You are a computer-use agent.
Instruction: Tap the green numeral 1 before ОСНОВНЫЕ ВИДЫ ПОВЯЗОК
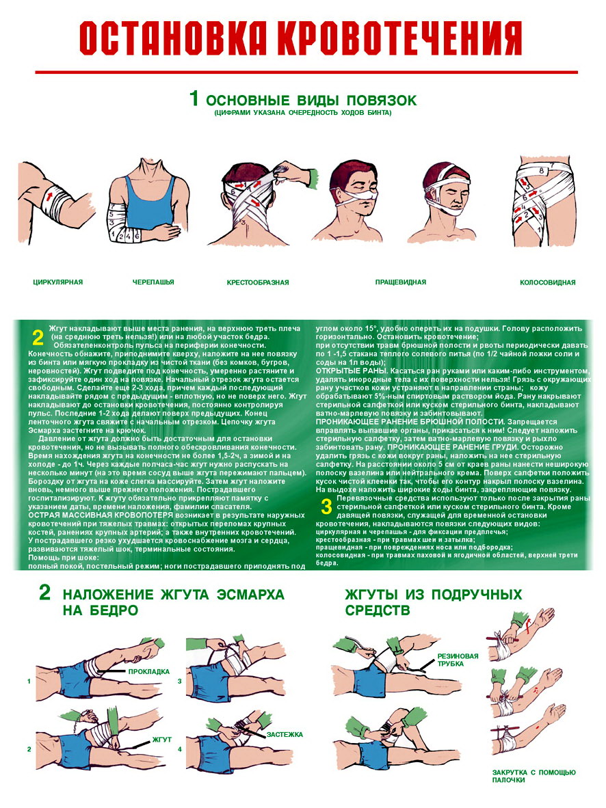pyautogui.click(x=194, y=98)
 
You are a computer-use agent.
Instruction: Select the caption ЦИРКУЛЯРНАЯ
pyautogui.click(x=57, y=282)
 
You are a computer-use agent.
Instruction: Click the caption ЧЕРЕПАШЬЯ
pyautogui.click(x=153, y=282)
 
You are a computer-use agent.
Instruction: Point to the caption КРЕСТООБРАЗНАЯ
pyautogui.click(x=258, y=282)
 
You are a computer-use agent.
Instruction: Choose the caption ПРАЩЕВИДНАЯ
pyautogui.click(x=401, y=282)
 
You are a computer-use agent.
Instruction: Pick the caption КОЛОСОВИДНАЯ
pyautogui.click(x=548, y=282)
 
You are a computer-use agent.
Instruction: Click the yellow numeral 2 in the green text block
pyautogui.click(x=38, y=338)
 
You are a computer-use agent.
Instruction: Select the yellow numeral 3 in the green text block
pyautogui.click(x=326, y=507)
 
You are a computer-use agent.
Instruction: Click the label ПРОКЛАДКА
pyautogui.click(x=149, y=671)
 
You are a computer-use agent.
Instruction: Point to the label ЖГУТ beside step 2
pyautogui.click(x=162, y=740)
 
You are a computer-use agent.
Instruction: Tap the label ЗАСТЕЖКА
pyautogui.click(x=284, y=734)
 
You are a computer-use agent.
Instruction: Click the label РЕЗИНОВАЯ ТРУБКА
pyautogui.click(x=458, y=660)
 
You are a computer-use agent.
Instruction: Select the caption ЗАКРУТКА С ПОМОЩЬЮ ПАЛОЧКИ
pyautogui.click(x=533, y=776)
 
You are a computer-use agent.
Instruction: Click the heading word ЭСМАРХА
pyautogui.click(x=250, y=595)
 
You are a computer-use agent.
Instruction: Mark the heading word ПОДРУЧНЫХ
pyautogui.click(x=477, y=595)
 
